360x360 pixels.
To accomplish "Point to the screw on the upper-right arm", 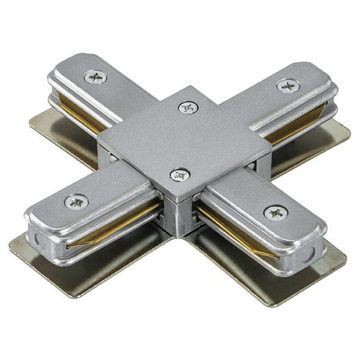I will [x=288, y=86].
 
